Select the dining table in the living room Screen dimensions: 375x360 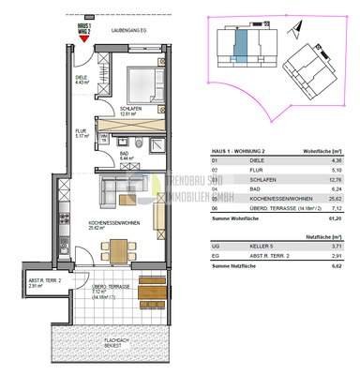click(119, 248)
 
